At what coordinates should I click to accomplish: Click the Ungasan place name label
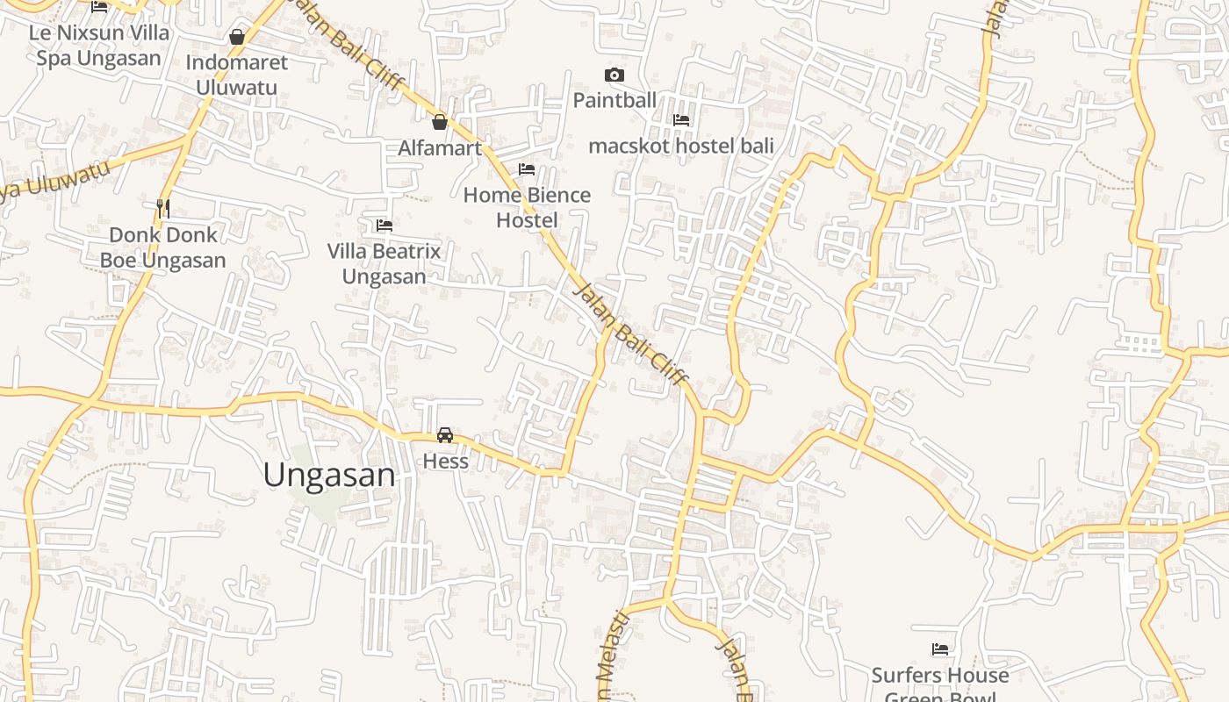pyautogui.click(x=329, y=475)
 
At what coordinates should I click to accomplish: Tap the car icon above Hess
pyautogui.click(x=445, y=435)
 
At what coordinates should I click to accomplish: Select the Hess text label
pyautogui.click(x=445, y=461)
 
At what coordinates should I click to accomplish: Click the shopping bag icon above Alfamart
pyautogui.click(x=440, y=122)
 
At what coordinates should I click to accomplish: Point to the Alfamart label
pyautogui.click(x=440, y=147)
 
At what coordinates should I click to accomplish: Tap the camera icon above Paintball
pyautogui.click(x=614, y=75)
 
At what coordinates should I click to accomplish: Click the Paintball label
pyautogui.click(x=614, y=100)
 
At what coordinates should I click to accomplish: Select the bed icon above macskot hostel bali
pyautogui.click(x=681, y=120)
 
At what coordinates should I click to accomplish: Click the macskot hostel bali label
pyautogui.click(x=681, y=146)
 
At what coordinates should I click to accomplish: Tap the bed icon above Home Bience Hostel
pyautogui.click(x=527, y=168)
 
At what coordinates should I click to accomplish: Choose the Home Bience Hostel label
pyautogui.click(x=527, y=207)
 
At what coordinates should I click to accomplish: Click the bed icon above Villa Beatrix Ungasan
pyautogui.click(x=384, y=226)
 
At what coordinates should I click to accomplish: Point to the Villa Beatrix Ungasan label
pyautogui.click(x=384, y=263)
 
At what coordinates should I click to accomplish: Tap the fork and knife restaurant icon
pyautogui.click(x=162, y=208)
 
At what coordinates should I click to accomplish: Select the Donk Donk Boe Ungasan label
pyautogui.click(x=162, y=247)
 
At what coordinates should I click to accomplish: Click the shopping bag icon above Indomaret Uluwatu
pyautogui.click(x=237, y=37)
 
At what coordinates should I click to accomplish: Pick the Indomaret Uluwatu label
pyautogui.click(x=236, y=75)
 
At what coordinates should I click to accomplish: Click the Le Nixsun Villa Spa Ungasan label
pyautogui.click(x=98, y=46)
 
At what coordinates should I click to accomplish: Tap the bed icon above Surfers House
pyautogui.click(x=940, y=650)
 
